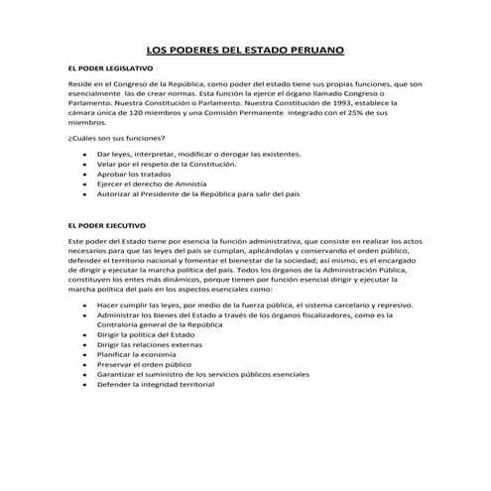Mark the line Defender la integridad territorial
(156, 384)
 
